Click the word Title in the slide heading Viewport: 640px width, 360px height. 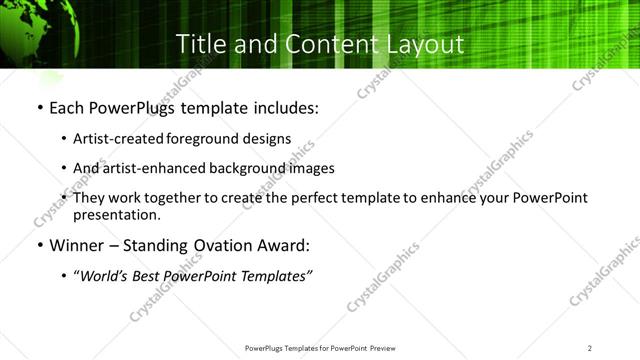coord(199,44)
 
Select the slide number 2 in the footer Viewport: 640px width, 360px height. coord(590,347)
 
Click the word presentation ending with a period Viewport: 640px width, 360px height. coord(116,214)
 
